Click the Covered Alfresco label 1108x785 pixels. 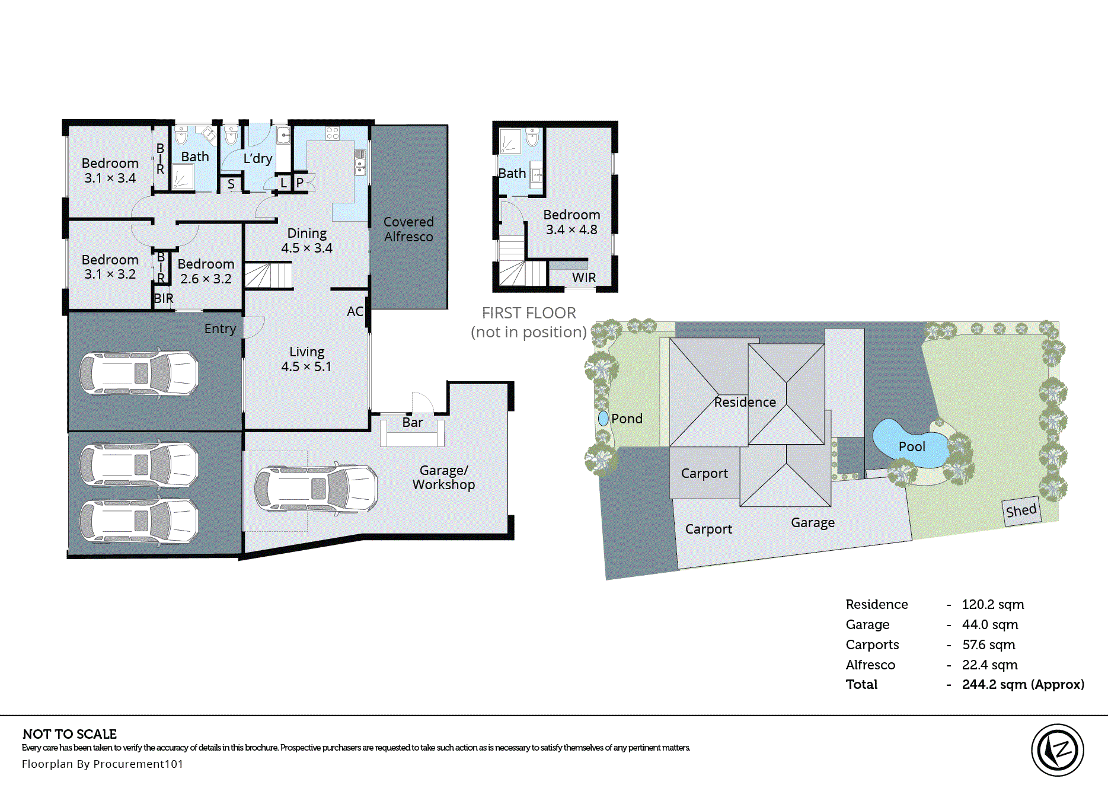pyautogui.click(x=408, y=229)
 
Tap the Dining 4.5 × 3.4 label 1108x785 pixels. pyautogui.click(x=306, y=240)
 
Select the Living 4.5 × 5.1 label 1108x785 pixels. pyautogui.click(x=306, y=359)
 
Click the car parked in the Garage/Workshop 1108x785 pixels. pyautogui.click(x=316, y=488)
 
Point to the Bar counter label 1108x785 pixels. pyautogui.click(x=412, y=422)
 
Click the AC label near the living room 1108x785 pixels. pyautogui.click(x=355, y=311)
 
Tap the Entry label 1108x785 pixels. pyautogui.click(x=220, y=328)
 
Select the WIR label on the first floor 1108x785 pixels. pyautogui.click(x=583, y=277)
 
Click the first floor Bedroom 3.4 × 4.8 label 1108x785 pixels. pyautogui.click(x=571, y=222)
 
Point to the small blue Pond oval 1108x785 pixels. pyautogui.click(x=604, y=419)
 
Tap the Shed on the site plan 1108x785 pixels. pyautogui.click(x=1021, y=510)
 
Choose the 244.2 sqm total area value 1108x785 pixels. pyautogui.click(x=1023, y=684)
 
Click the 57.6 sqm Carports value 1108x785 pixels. pyautogui.click(x=988, y=644)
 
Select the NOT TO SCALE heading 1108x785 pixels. pyautogui.click(x=69, y=733)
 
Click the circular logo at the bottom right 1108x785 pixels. pyautogui.click(x=1057, y=750)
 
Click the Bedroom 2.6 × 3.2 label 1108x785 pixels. pyautogui.click(x=206, y=271)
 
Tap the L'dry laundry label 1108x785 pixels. pyautogui.click(x=258, y=158)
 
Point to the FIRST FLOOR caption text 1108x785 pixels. pyautogui.click(x=528, y=313)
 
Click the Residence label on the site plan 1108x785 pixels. pyautogui.click(x=745, y=402)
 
